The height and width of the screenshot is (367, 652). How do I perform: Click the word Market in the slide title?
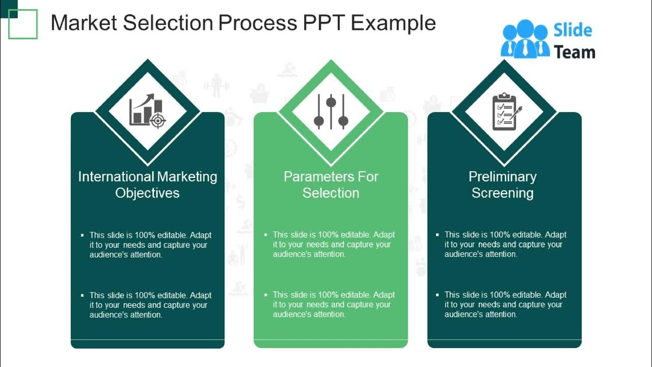tap(82, 23)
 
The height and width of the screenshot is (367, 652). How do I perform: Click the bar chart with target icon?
tap(147, 111)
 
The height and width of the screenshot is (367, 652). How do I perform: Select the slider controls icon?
tap(331, 111)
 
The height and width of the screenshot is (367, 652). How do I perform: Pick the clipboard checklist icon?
tap(504, 111)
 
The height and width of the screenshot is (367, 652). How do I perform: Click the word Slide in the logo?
tap(573, 31)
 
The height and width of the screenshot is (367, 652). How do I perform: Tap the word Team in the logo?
tap(574, 52)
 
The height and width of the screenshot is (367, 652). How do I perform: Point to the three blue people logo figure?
tap(525, 39)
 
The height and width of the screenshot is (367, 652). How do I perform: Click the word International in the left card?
tap(116, 177)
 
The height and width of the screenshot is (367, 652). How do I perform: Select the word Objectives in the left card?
tap(147, 193)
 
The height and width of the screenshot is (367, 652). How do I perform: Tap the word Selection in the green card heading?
tap(331, 193)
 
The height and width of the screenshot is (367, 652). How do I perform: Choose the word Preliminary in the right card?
tap(502, 177)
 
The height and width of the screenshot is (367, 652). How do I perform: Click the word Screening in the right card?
tap(502, 193)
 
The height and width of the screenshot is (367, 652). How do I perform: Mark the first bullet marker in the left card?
tap(83, 235)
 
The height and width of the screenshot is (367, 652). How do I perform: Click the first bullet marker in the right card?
tap(438, 235)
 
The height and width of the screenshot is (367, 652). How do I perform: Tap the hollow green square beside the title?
tap(23, 24)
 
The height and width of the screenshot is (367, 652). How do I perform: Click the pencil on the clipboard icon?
tap(515, 113)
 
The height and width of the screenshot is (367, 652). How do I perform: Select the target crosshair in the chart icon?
tap(158, 121)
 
